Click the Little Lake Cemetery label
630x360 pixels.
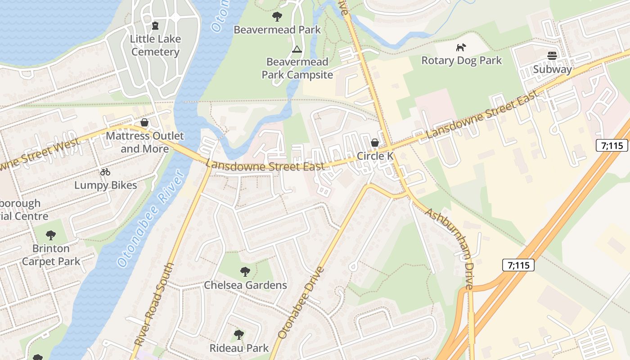point(155,45)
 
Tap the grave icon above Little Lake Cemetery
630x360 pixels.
point(155,26)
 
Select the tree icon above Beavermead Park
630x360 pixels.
point(277,17)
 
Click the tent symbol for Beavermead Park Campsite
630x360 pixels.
point(297,49)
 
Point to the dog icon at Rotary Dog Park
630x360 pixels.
point(461,47)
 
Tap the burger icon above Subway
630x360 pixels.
point(552,56)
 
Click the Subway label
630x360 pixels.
point(552,69)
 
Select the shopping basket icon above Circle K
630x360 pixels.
point(374,143)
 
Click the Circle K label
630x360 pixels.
point(375,156)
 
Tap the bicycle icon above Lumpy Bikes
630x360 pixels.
point(105,172)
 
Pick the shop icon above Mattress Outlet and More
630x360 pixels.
point(144,122)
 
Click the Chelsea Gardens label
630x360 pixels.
point(245,285)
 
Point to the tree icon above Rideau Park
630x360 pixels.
point(239,335)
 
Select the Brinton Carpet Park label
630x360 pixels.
point(51,255)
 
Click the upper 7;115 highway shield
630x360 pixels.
point(612,145)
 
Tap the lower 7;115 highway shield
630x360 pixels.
point(518,265)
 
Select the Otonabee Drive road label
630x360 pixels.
point(301,303)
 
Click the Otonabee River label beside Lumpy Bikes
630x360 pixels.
point(150,218)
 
